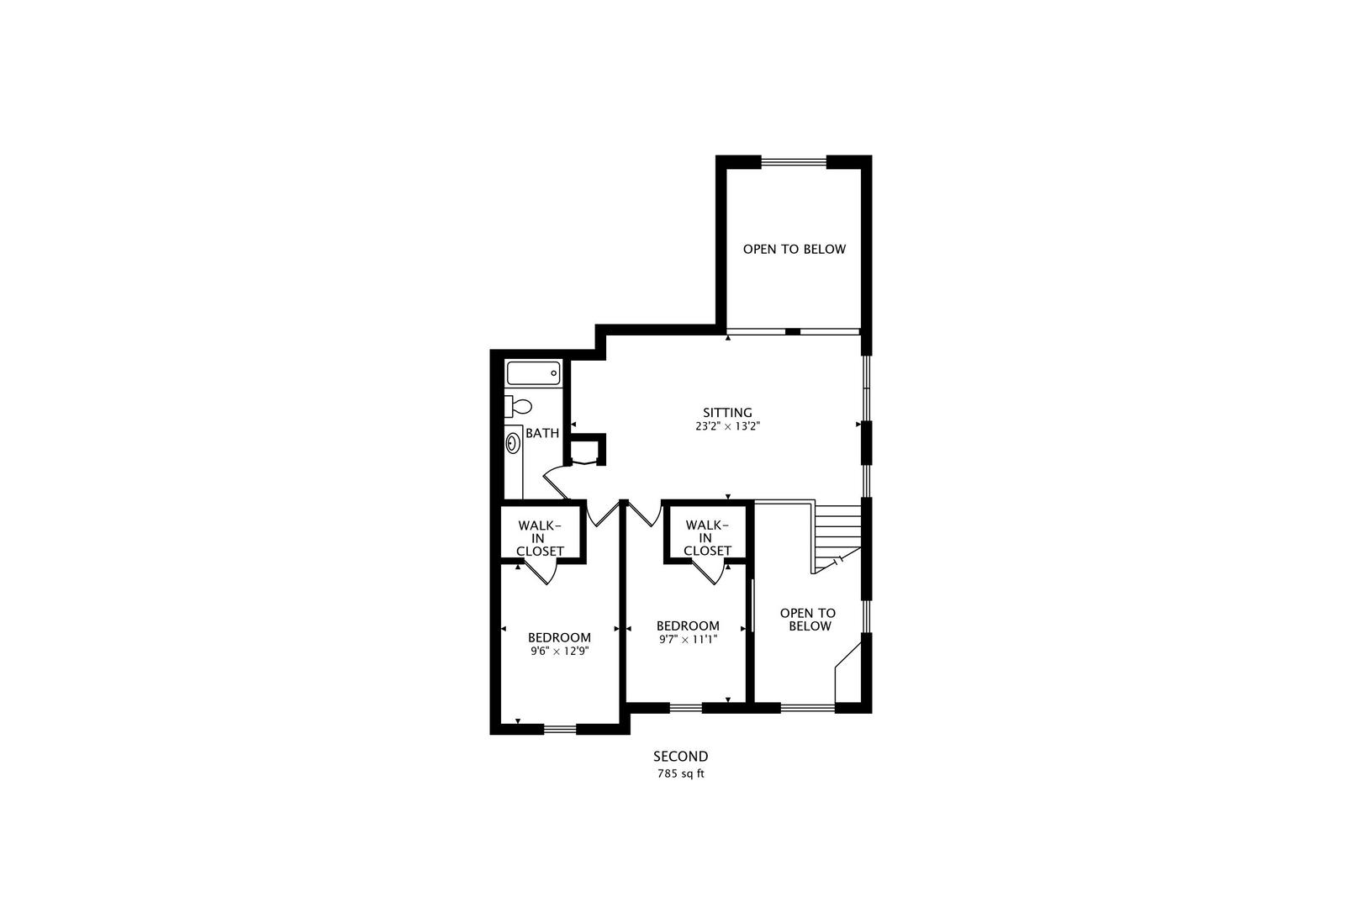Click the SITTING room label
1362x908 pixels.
[727, 412]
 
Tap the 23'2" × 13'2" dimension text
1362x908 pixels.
[727, 426]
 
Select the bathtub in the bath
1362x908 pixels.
[533, 372]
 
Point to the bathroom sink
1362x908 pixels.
[513, 443]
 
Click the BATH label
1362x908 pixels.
[542, 434]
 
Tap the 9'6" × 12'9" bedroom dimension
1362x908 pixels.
[559, 651]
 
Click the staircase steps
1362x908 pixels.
[838, 531]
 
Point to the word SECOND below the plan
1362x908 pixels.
[681, 757]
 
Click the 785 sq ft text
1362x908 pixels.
[681, 773]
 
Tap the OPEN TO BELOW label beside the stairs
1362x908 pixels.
[807, 620]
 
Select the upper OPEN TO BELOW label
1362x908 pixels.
[794, 250]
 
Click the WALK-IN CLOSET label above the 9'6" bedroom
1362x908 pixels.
[540, 538]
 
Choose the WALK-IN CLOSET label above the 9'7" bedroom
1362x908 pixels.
[707, 538]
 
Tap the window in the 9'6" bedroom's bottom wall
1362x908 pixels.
[560, 728]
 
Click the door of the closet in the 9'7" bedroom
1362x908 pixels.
[711, 573]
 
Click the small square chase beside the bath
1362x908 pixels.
[587, 450]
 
